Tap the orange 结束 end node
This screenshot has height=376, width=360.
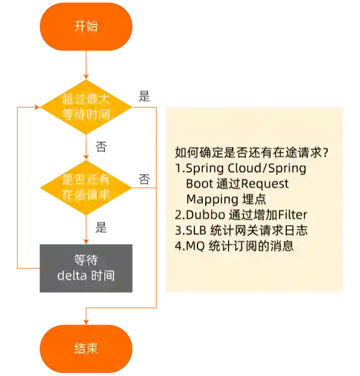click(86, 348)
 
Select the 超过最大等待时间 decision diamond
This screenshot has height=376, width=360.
click(86, 106)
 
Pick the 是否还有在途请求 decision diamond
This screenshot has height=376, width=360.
click(86, 187)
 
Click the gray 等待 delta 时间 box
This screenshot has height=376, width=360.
click(86, 268)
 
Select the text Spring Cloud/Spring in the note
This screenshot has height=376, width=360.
click(246, 168)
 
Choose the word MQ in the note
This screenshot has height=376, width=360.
click(194, 246)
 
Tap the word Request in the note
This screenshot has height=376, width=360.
click(265, 184)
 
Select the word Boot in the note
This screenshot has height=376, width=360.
click(199, 184)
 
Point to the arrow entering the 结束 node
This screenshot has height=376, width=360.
click(86, 318)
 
